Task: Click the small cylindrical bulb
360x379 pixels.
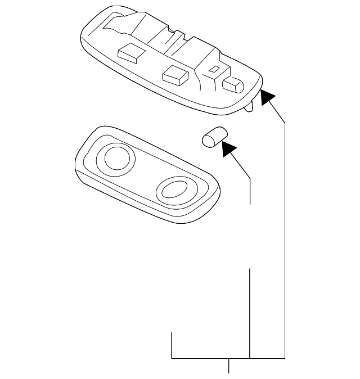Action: (213, 137)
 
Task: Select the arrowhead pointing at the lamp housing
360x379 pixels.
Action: (268, 97)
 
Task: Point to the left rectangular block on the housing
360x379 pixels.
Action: (130, 53)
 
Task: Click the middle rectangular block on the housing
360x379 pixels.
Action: (174, 74)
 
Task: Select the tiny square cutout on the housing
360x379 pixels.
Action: (214, 70)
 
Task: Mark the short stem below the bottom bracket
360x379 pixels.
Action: (228, 366)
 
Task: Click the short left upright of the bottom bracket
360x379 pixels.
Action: (172, 345)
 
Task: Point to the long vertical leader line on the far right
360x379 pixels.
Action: (285, 242)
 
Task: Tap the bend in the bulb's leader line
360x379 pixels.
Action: (250, 179)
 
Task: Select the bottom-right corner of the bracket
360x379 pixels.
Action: (285, 358)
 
